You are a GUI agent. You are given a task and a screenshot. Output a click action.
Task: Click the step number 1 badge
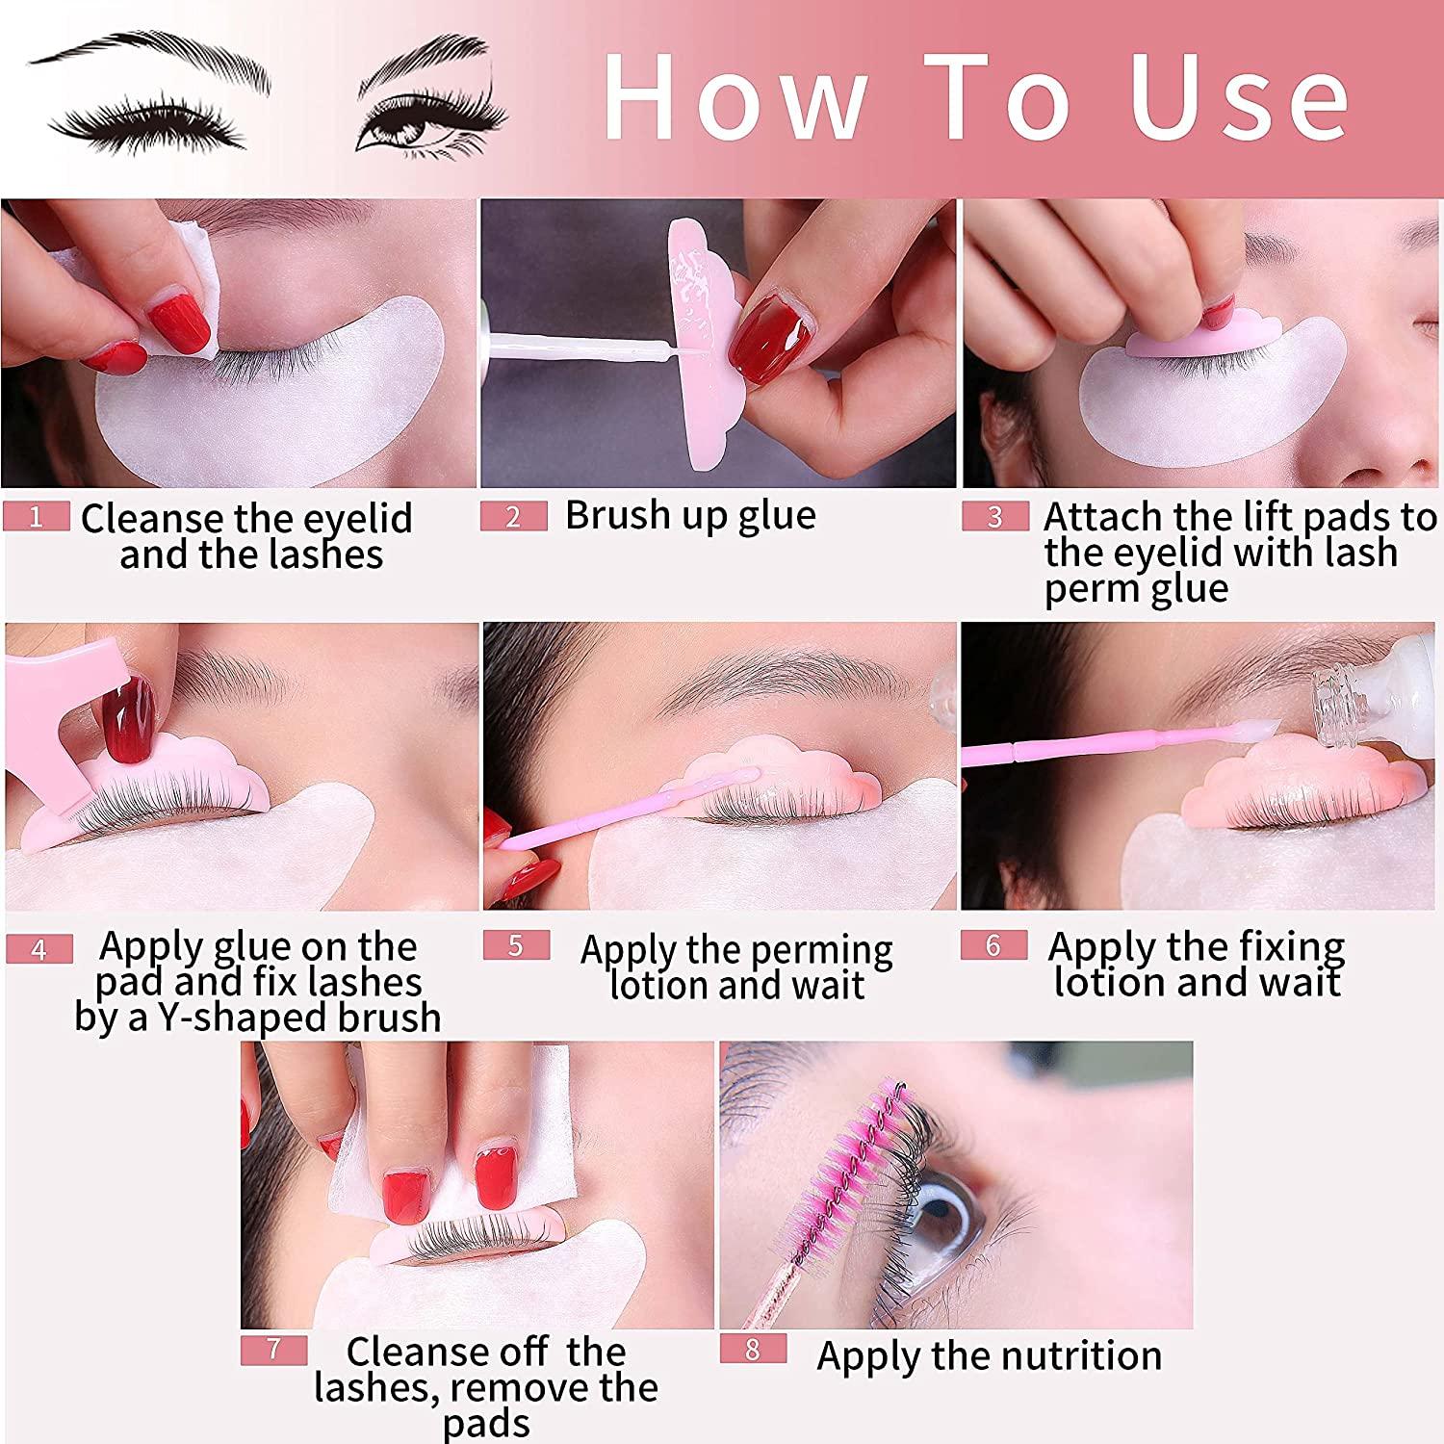(36, 517)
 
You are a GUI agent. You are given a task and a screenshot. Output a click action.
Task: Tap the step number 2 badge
(513, 517)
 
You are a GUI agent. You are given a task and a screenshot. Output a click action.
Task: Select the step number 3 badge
(995, 517)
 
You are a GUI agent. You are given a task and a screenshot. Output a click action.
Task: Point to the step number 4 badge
(39, 949)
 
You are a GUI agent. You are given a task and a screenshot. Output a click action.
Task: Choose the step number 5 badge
(516, 945)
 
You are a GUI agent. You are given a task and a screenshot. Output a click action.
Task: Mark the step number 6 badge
(993, 945)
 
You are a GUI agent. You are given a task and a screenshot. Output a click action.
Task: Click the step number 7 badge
(273, 1350)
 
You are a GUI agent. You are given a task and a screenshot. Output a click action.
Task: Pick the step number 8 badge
(753, 1350)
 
